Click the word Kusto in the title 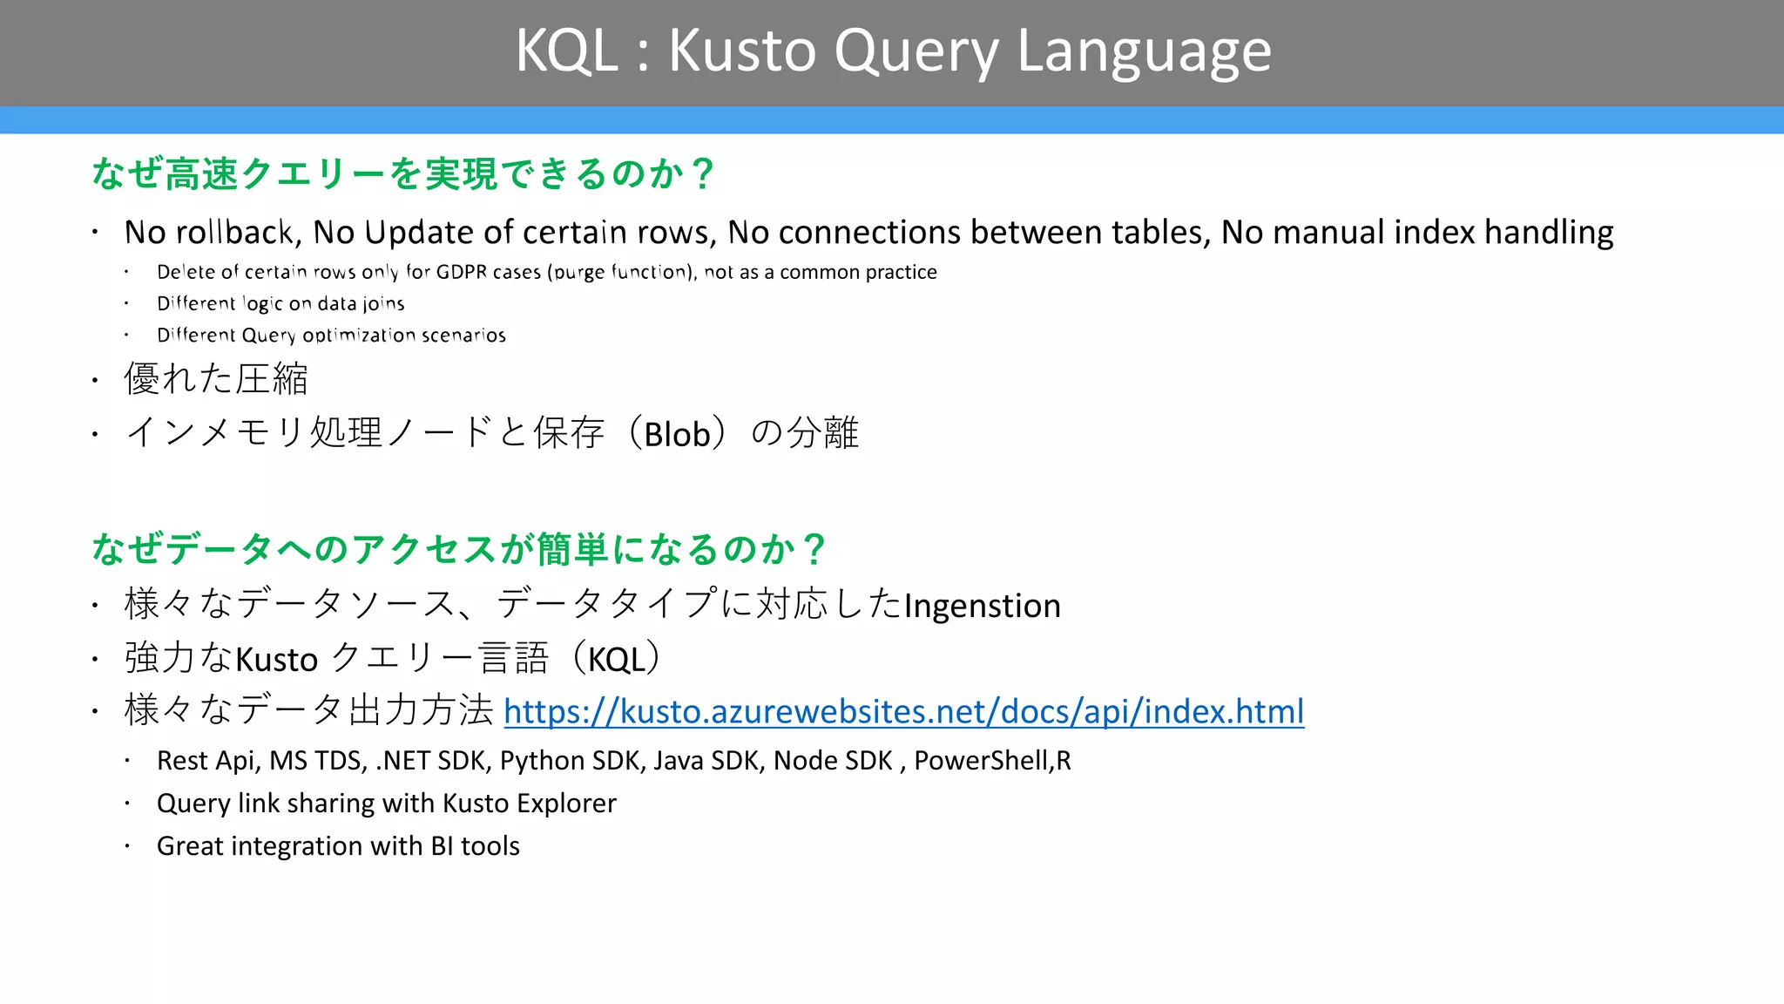tap(741, 51)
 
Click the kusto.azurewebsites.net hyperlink tap(903, 711)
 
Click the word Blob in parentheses tap(677, 434)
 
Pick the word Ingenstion tap(982, 606)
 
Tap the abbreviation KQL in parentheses tap(616, 660)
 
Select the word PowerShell tap(981, 761)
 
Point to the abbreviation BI tap(442, 845)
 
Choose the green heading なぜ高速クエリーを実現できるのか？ tap(404, 173)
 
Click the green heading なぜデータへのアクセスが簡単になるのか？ tap(459, 549)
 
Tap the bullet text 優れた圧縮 tap(216, 379)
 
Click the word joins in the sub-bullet tap(383, 304)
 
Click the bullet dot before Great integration tap(127, 846)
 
